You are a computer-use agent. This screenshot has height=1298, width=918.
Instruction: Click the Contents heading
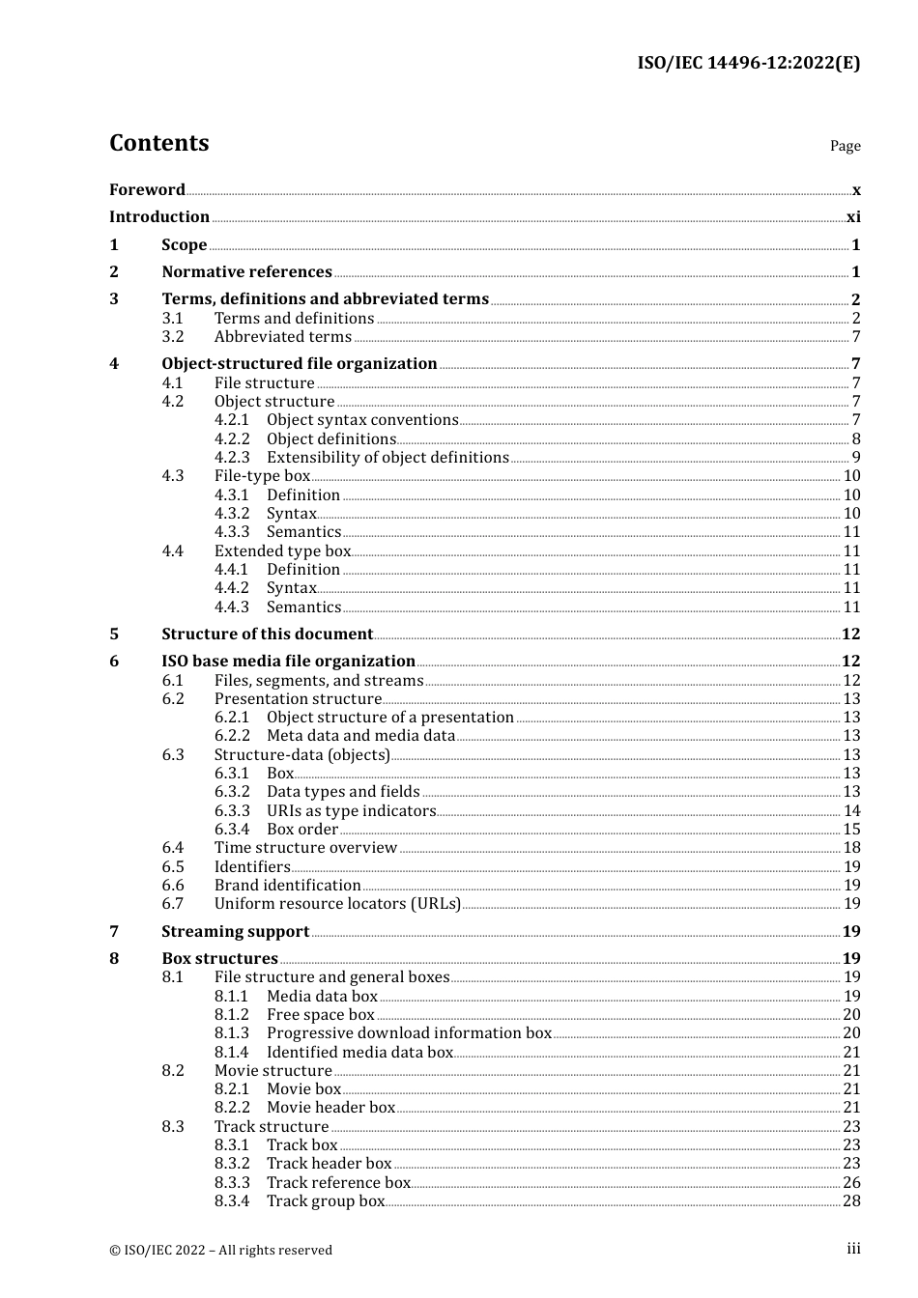pyautogui.click(x=158, y=143)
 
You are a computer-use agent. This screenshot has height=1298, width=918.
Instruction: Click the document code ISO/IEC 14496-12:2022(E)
pyautogui.click(x=748, y=63)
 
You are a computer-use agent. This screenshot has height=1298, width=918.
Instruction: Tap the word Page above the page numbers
pyautogui.click(x=845, y=146)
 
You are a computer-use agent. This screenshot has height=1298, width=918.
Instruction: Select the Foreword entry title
pyautogui.click(x=147, y=189)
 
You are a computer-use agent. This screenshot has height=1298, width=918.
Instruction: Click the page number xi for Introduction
pyautogui.click(x=853, y=217)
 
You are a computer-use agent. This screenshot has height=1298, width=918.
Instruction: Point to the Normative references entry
pyautogui.click(x=246, y=272)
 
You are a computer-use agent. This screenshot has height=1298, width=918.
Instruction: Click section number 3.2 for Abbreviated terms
pyautogui.click(x=173, y=337)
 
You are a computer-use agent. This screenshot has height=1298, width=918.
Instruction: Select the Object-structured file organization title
pyautogui.click(x=299, y=364)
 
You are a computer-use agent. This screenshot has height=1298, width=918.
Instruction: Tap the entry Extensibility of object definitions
pyautogui.click(x=387, y=458)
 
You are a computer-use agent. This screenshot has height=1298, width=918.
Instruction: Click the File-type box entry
pyautogui.click(x=262, y=476)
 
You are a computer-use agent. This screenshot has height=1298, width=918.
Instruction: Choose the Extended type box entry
pyautogui.click(x=282, y=551)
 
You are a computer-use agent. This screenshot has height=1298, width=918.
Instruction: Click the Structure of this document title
pyautogui.click(x=267, y=635)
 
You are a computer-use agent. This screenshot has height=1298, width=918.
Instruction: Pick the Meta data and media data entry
pyautogui.click(x=360, y=736)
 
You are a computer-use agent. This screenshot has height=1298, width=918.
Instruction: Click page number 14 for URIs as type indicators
pyautogui.click(x=851, y=811)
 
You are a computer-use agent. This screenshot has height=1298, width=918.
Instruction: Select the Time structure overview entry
pyautogui.click(x=305, y=848)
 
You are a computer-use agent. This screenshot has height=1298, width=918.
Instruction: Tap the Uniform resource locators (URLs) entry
pyautogui.click(x=337, y=904)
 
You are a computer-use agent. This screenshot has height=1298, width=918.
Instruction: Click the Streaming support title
pyautogui.click(x=235, y=932)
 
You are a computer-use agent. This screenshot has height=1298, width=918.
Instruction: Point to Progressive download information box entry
pyautogui.click(x=409, y=1033)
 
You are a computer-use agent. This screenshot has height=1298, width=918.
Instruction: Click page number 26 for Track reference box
pyautogui.click(x=851, y=1183)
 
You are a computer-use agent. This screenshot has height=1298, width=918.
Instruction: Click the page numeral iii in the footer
pyautogui.click(x=853, y=1249)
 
